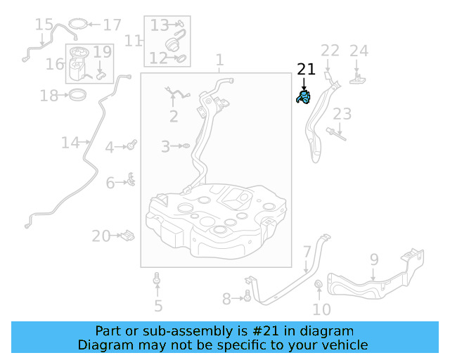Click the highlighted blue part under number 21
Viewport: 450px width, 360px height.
pos(304,97)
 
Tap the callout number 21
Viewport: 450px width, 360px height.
pos(306,69)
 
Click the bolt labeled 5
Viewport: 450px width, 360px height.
pos(157,283)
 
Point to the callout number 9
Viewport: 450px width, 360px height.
pos(374,259)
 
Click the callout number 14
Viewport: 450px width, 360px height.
pos(70,143)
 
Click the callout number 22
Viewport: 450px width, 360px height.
pos(330,51)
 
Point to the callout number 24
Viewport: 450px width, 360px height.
pos(359,51)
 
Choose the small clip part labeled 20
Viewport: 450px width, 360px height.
pos(127,235)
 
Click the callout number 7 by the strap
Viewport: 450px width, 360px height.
pos(307,252)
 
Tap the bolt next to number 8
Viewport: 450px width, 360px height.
pos(247,297)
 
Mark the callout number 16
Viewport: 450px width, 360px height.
pos(55,65)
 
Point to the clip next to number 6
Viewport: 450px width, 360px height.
pos(130,181)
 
